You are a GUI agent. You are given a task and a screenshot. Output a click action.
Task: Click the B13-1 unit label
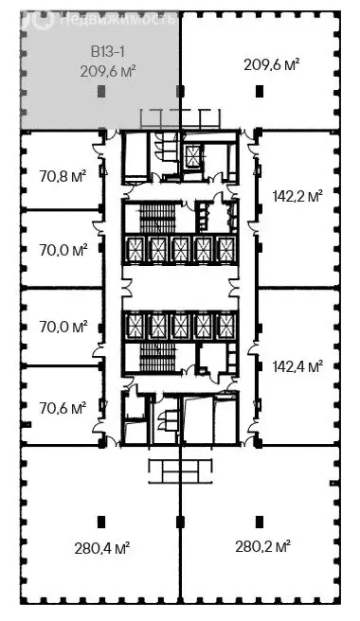point(101,52)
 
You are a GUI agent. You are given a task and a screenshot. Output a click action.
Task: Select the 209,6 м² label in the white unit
point(272,64)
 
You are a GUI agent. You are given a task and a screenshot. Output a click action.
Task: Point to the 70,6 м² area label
point(64,408)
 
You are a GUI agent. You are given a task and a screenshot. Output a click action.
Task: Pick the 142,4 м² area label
point(297,364)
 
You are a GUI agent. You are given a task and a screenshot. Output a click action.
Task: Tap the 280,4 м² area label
point(102,547)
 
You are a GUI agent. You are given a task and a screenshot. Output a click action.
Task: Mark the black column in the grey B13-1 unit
point(100,91)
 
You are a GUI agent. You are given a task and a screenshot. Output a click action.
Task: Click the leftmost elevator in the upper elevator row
point(135,249)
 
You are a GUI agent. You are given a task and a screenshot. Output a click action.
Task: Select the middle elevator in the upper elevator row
point(180,249)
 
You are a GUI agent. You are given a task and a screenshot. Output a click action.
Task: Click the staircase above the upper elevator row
point(152,218)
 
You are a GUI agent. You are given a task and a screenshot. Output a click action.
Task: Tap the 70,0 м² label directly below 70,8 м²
point(64,251)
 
